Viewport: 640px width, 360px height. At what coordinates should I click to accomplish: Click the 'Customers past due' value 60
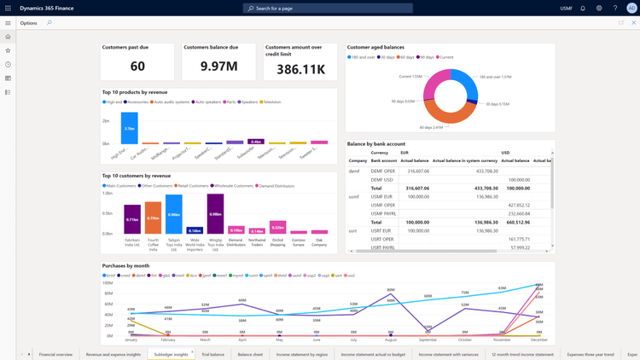pos(137,67)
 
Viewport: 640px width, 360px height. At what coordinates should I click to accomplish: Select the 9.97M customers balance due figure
pos(218,67)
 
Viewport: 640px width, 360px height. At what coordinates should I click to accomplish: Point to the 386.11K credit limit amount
pos(300,68)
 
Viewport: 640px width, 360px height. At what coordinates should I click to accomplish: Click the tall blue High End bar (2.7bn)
pos(129,128)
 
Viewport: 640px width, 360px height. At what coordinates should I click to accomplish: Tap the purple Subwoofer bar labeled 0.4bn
pos(255,142)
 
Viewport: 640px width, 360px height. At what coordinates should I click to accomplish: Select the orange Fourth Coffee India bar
pos(153,218)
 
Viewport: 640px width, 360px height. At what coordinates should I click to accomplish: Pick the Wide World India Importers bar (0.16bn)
pos(195,230)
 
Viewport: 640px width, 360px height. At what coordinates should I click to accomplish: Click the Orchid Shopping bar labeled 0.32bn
pos(277,227)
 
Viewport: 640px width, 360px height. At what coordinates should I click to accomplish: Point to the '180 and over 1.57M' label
pos(495,77)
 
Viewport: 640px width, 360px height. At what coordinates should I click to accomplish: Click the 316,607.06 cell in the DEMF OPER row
pos(417,171)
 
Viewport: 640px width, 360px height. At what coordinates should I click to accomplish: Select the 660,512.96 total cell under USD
pos(517,222)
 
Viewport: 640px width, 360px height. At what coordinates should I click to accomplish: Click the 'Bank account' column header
pos(383,160)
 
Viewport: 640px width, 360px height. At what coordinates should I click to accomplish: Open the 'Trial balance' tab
pos(212,354)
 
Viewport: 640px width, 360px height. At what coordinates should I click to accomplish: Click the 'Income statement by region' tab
pos(301,354)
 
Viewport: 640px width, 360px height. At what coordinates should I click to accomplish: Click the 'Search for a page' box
pos(328,8)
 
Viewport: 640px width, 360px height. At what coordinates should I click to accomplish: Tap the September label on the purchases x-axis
pos(428,340)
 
